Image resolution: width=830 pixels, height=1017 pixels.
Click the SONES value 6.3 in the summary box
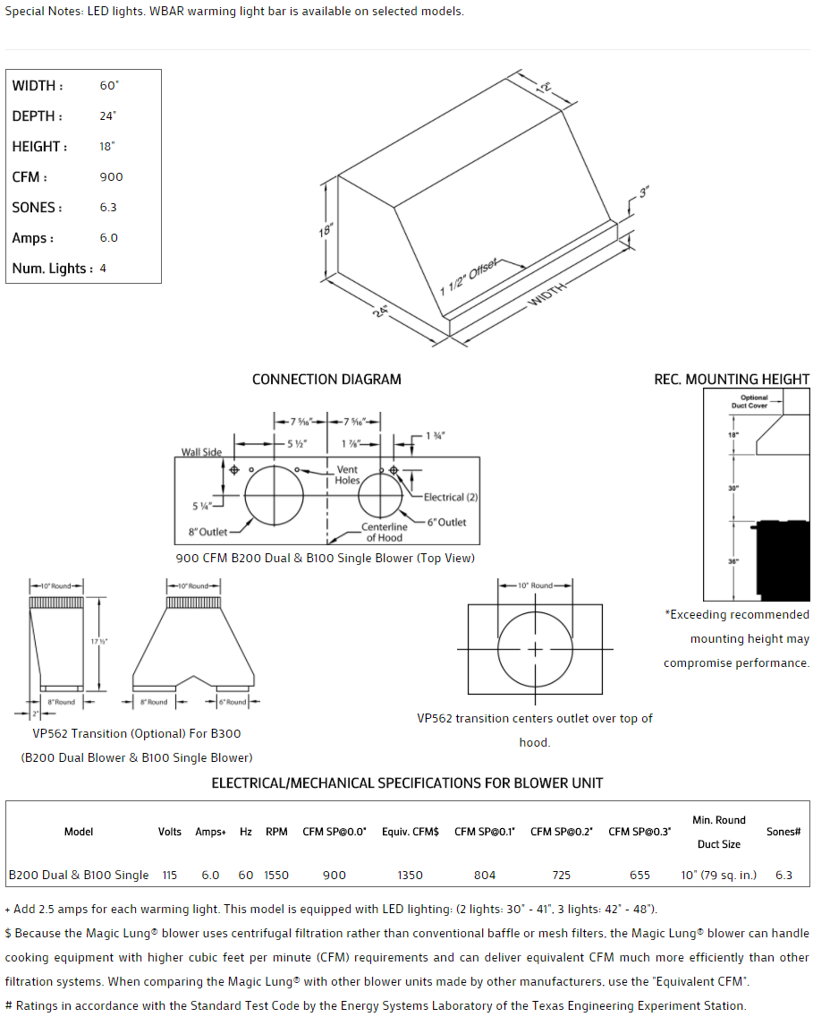pos(108,208)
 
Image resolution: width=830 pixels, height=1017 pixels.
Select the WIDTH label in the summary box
pos(38,86)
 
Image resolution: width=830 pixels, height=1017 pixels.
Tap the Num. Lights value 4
pos(103,269)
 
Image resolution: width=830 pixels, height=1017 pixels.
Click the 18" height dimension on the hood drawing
pos(326,230)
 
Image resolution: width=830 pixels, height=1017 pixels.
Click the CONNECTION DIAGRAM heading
pos(326,380)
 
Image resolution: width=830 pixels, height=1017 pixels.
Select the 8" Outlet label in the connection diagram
pos(207,532)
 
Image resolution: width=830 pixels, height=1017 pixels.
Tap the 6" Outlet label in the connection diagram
pos(446,522)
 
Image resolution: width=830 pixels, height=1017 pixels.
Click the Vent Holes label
pos(347,474)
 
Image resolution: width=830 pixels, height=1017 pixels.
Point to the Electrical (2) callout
pos(451,497)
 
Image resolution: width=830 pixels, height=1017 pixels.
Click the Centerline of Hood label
pos(384,533)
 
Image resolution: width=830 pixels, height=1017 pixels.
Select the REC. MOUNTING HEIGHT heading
pos(732,380)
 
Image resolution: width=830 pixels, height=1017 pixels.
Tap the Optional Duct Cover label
pos(754,401)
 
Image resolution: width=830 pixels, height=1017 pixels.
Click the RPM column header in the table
pos(276,832)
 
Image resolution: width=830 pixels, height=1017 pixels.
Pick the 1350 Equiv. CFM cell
pos(410,875)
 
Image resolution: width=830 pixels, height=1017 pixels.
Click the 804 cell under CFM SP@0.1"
pos(485,875)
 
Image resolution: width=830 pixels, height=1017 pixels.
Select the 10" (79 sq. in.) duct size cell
pos(718,875)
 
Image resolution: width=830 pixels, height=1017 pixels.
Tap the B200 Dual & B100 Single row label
pos(79,875)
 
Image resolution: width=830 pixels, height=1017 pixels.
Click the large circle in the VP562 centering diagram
pos(535,649)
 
